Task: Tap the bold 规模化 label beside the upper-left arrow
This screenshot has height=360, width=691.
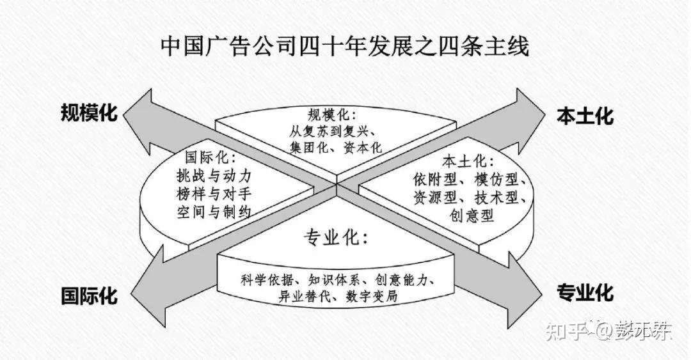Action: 90,114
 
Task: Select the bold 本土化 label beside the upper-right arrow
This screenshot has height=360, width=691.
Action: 585,116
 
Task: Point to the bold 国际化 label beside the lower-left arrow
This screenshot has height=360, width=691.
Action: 90,296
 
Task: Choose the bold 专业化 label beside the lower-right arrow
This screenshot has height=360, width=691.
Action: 585,293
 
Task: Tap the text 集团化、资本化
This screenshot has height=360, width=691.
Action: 335,148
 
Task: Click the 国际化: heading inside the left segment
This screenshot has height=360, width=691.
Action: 210,157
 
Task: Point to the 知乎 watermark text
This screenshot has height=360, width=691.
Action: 564,331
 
